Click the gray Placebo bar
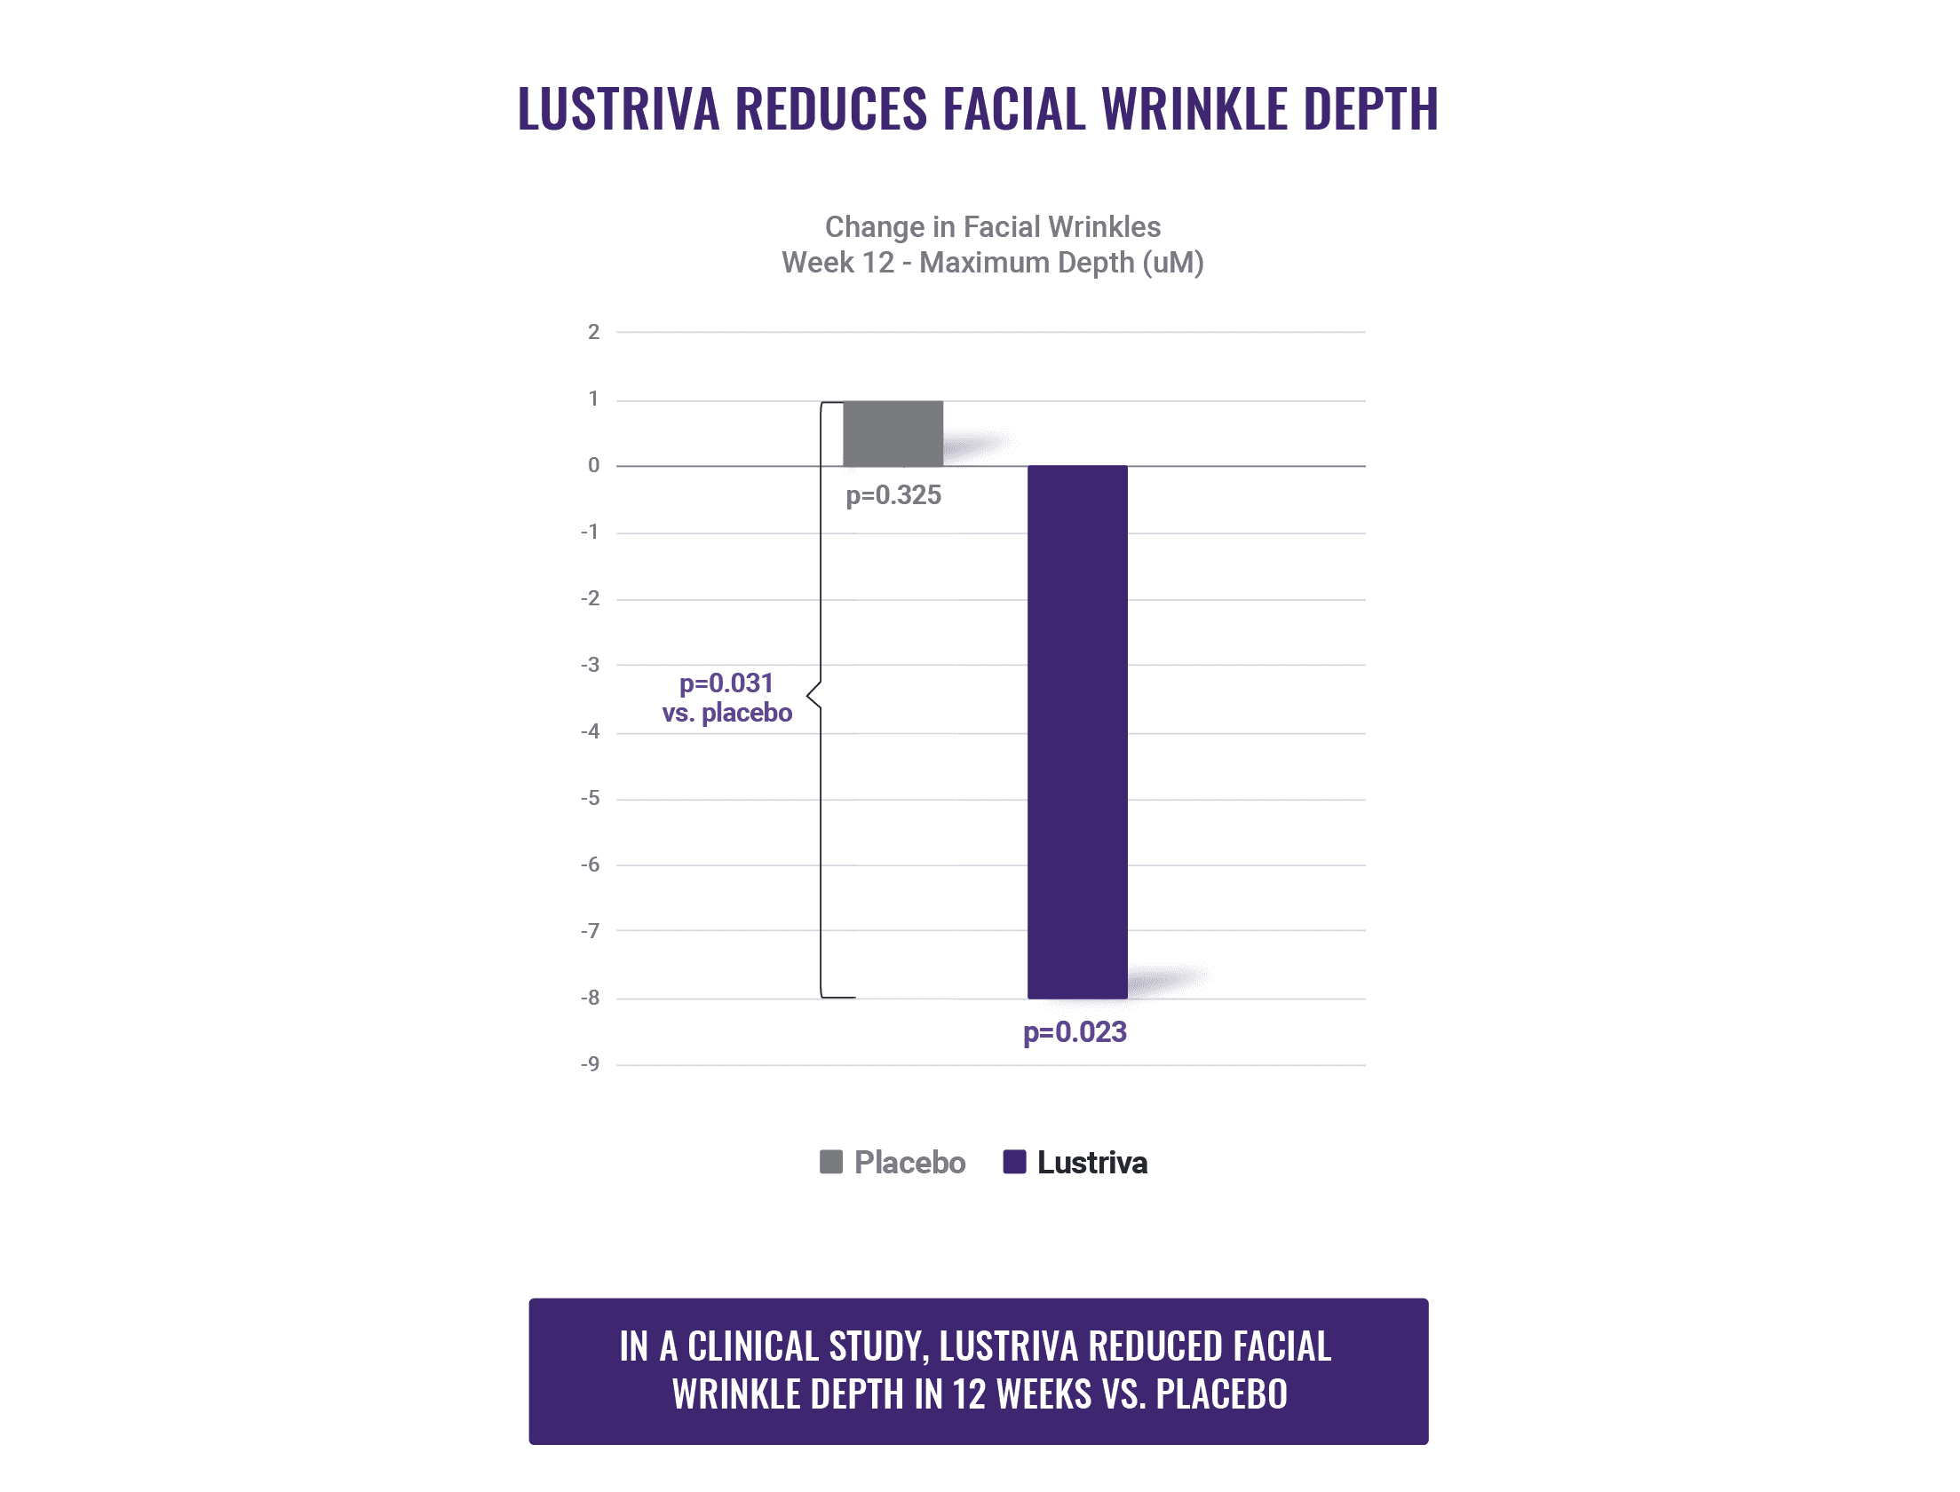coord(893,433)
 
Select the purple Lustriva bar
coord(1077,731)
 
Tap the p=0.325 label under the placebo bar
coord(893,495)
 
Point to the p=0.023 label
coord(1075,1032)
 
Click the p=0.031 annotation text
coord(726,683)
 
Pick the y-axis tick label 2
coord(593,332)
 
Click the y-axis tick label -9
coord(591,1064)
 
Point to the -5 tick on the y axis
coord(591,799)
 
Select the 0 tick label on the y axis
coord(593,465)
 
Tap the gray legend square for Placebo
coord(830,1162)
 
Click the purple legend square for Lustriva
coord(1015,1162)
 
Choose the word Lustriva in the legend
coord(1092,1163)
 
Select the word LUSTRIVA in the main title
coord(618,109)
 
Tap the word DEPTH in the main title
coord(1370,109)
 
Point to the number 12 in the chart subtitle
coord(877,263)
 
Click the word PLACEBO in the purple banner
coord(1222,1393)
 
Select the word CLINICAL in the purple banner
coord(752,1346)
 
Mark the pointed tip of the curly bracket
coord(808,694)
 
